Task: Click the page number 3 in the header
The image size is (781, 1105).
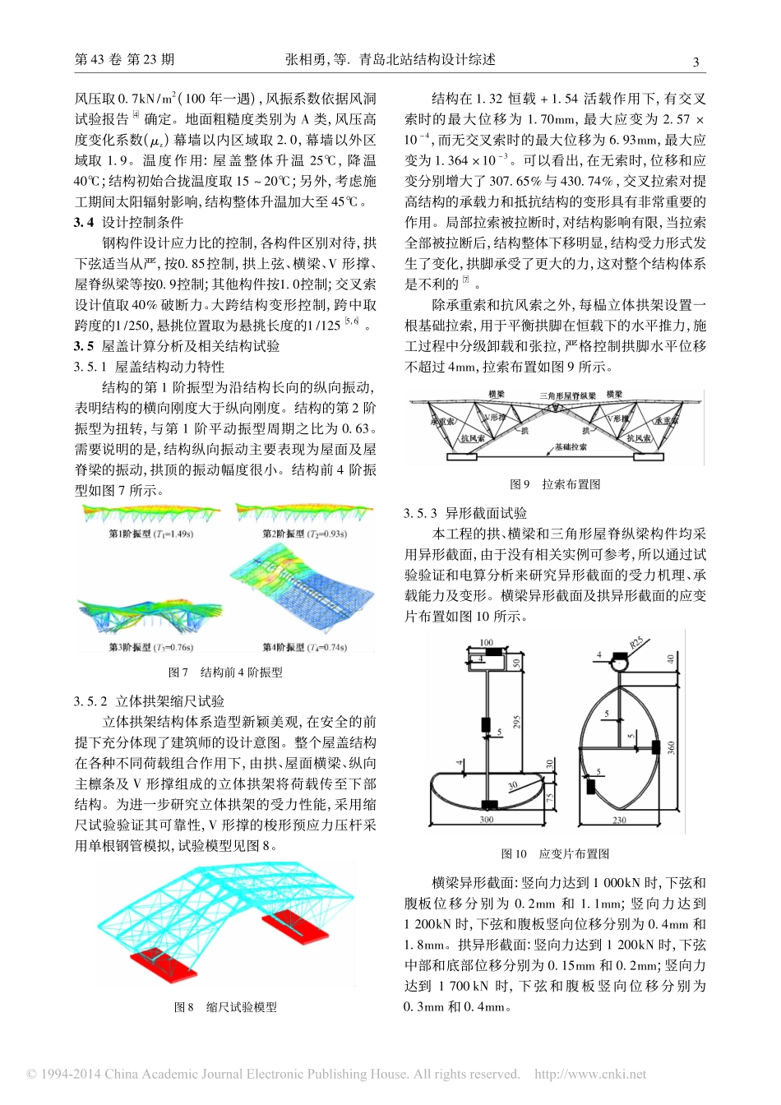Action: click(x=696, y=62)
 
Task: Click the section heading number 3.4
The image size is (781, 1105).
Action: click(x=83, y=222)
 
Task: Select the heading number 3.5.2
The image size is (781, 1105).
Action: click(x=90, y=701)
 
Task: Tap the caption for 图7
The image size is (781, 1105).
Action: click(x=225, y=673)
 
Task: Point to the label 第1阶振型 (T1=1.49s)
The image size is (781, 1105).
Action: click(x=150, y=534)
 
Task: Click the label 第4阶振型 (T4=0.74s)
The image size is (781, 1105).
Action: click(x=304, y=648)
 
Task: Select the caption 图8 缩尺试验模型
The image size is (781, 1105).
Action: click(x=225, y=1007)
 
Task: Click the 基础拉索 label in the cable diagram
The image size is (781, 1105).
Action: click(x=570, y=447)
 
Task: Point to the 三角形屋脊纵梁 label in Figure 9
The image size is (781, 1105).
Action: click(x=567, y=395)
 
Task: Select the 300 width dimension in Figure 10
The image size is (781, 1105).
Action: click(x=487, y=820)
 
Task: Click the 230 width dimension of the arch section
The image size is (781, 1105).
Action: click(x=619, y=821)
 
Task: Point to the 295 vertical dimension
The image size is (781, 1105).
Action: click(x=517, y=721)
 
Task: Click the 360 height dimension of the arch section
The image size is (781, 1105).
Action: click(x=672, y=747)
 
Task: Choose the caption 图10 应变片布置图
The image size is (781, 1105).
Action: click(x=555, y=854)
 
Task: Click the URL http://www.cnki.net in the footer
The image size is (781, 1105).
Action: click(x=590, y=1074)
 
